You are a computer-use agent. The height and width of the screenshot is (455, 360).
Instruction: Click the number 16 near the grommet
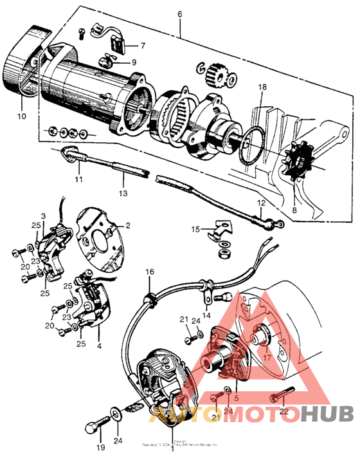149,272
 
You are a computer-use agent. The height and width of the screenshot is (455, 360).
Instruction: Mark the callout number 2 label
127,225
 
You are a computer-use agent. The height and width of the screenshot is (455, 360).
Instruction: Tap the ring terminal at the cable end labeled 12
278,224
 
